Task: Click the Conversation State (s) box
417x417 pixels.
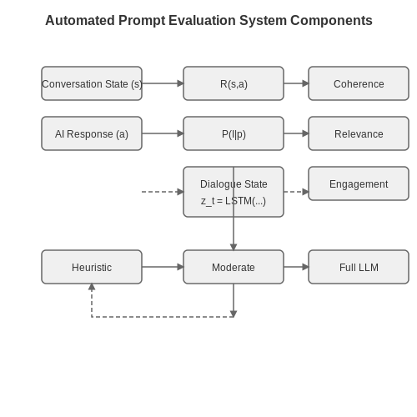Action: (92, 83)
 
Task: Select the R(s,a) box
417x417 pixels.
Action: (234, 83)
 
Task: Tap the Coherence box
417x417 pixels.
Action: (359, 83)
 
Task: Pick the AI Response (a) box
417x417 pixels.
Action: (92, 133)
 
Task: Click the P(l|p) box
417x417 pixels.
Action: (234, 133)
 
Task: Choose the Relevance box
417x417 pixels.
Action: (359, 133)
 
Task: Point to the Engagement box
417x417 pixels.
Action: (359, 183)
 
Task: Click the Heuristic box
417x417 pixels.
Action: (92, 267)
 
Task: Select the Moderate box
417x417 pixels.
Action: (234, 267)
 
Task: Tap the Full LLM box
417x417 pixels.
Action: (359, 267)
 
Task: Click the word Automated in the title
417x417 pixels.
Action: (80, 20)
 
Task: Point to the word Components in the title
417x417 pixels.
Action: (331, 20)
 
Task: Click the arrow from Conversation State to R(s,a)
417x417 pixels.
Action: (163, 83)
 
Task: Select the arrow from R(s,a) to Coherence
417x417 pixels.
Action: (296, 83)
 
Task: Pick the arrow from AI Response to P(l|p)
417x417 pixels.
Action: (163, 133)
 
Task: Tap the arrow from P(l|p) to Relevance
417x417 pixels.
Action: (296, 133)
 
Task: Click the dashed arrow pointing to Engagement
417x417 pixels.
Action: (296, 192)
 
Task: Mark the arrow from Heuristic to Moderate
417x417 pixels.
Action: (163, 267)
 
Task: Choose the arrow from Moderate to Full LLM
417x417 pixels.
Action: (296, 267)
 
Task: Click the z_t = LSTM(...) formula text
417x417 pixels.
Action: (234, 201)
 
